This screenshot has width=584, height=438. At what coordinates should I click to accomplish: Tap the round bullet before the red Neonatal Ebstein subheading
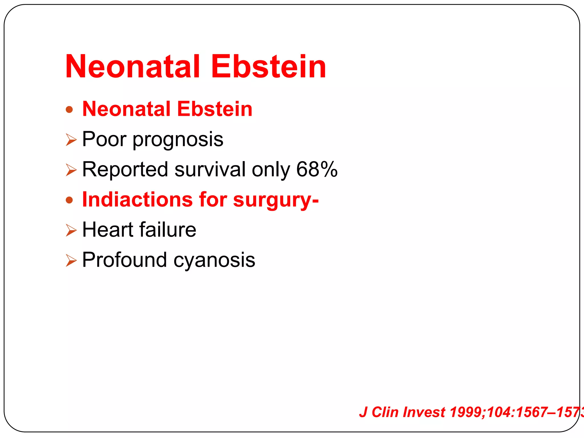click(69, 109)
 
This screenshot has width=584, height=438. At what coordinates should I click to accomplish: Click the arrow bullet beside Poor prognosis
click(71, 140)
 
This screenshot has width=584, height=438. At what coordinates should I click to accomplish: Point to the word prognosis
click(178, 140)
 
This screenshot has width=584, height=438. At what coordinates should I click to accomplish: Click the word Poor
click(104, 139)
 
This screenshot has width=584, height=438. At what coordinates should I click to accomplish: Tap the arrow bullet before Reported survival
click(71, 170)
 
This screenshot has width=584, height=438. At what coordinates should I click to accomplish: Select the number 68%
click(317, 169)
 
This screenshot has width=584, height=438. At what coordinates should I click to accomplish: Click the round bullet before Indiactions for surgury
click(69, 200)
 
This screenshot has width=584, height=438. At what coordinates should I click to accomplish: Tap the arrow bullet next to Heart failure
click(71, 230)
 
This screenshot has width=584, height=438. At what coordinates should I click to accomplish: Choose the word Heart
click(108, 230)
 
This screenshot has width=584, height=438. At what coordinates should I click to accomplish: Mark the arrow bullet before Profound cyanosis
click(71, 260)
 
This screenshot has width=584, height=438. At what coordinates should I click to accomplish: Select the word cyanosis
click(214, 261)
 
